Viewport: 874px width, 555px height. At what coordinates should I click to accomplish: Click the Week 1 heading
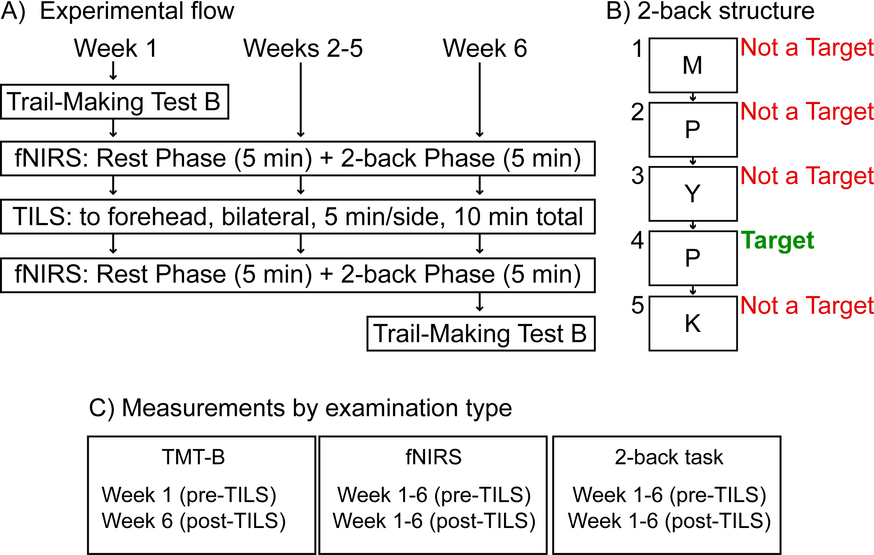click(x=115, y=48)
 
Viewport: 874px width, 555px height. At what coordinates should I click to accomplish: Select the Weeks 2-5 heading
click(x=303, y=48)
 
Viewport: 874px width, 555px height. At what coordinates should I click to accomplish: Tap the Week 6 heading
click(x=485, y=48)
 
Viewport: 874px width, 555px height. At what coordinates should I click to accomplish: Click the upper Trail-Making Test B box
click(x=114, y=102)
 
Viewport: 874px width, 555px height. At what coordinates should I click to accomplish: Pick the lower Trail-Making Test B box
click(x=481, y=334)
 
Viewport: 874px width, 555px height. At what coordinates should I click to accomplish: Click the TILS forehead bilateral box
click(x=298, y=217)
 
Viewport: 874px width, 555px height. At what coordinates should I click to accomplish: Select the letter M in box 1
click(x=692, y=66)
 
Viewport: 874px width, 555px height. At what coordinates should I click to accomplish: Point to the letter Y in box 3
click(x=692, y=194)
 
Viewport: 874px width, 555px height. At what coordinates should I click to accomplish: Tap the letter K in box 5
click(x=692, y=324)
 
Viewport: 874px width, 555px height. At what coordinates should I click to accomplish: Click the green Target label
click(x=777, y=241)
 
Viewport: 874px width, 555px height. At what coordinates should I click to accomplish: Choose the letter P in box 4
click(x=692, y=258)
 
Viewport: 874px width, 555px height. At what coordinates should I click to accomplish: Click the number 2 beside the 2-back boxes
click(x=637, y=112)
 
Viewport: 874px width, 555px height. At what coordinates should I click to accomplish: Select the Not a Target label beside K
click(x=807, y=306)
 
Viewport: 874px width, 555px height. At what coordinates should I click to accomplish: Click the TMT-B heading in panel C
click(x=194, y=457)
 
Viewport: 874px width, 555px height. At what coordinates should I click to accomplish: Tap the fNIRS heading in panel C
click(x=433, y=457)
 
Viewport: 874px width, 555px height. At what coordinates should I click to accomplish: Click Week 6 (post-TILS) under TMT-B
click(x=194, y=521)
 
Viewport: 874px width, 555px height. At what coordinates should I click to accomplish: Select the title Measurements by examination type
click(x=300, y=408)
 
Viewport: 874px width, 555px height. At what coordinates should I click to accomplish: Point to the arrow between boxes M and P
click(x=692, y=97)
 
